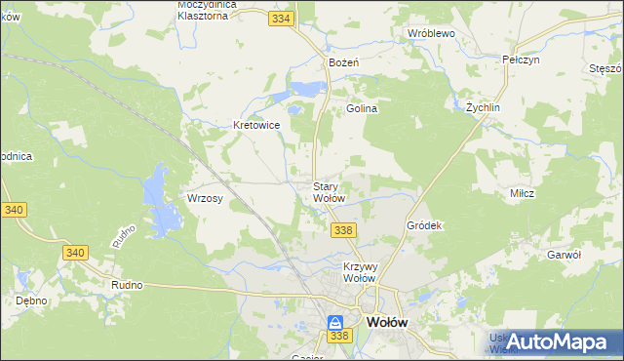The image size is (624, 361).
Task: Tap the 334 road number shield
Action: (282, 18)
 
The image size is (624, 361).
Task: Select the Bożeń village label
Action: (344, 61)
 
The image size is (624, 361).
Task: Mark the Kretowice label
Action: (256, 125)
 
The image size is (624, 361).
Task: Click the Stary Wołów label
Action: (329, 192)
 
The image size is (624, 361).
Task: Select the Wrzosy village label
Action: (205, 198)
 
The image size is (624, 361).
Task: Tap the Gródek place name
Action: (424, 225)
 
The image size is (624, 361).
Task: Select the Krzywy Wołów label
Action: (360, 271)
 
